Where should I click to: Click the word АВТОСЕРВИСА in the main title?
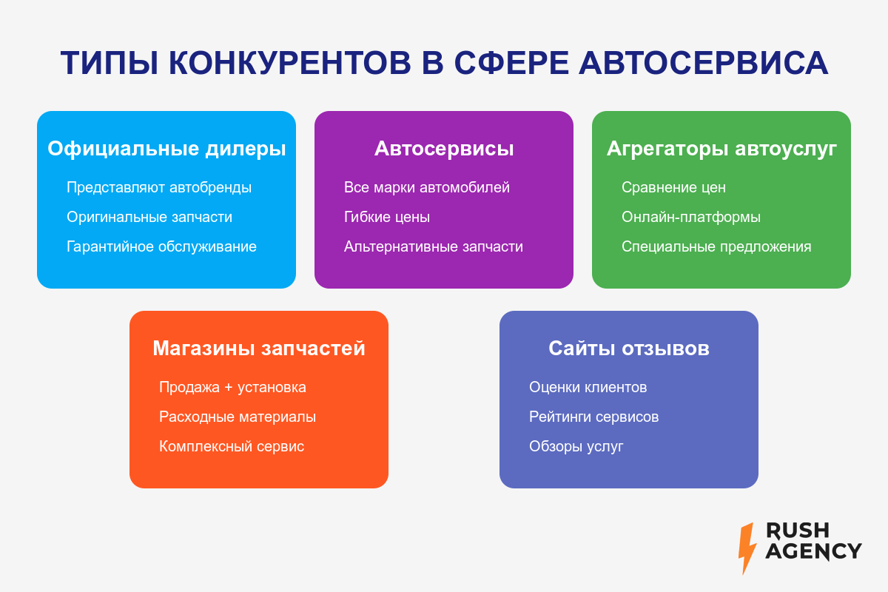tap(703, 63)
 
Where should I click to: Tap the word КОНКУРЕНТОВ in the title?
tap(290, 63)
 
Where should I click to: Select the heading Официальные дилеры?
tap(166, 149)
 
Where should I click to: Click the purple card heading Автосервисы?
tap(444, 149)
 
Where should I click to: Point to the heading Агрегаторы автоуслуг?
tap(721, 149)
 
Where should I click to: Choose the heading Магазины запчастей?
tap(259, 349)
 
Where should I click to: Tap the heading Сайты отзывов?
tap(629, 348)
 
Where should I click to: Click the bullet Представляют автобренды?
tap(159, 187)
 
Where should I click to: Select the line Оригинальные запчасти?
tap(149, 218)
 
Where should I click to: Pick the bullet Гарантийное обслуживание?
tap(161, 247)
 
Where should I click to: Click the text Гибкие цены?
tap(387, 218)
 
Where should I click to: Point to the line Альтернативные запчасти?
tap(434, 247)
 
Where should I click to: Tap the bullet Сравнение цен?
tap(673, 187)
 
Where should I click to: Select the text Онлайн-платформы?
tap(691, 218)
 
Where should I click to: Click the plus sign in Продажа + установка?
tap(229, 388)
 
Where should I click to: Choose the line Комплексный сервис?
tap(232, 446)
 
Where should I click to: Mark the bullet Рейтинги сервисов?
tap(593, 417)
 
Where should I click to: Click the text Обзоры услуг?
tap(576, 446)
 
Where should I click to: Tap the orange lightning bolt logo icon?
tap(747, 548)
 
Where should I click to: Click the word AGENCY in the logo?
tap(813, 551)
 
